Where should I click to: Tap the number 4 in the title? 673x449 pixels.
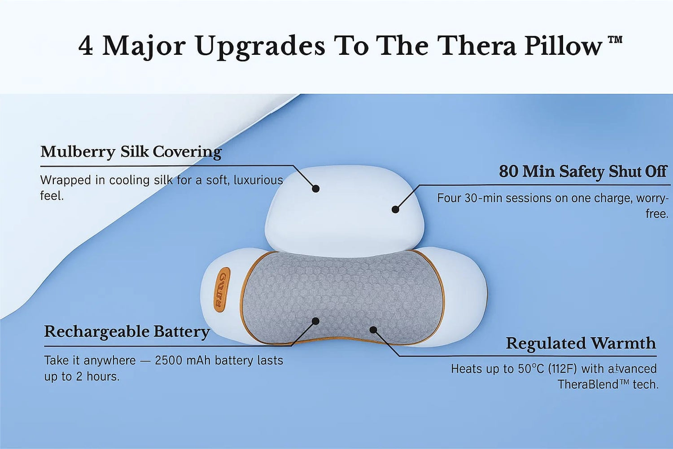[86, 46]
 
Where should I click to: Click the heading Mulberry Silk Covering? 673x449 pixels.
[131, 152]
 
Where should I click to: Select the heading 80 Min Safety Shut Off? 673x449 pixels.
[582, 172]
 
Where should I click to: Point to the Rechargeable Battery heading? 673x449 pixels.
[127, 332]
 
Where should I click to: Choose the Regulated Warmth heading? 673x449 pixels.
[581, 343]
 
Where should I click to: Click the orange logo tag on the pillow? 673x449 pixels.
[223, 289]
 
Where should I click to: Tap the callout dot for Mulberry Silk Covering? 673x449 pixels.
[315, 189]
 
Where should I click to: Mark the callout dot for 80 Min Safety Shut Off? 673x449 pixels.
[395, 209]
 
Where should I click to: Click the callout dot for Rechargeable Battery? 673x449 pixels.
[315, 321]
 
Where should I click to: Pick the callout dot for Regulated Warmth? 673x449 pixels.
[373, 330]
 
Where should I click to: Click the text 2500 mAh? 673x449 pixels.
[182, 360]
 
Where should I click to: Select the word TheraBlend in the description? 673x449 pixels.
[585, 384]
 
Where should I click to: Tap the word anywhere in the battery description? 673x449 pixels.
[109, 361]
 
